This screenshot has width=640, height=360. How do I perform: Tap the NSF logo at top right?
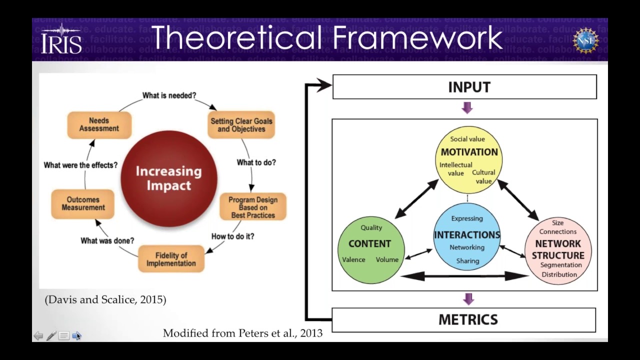point(585,40)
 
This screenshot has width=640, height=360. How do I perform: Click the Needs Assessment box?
point(99,124)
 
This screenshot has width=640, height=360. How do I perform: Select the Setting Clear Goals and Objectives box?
point(241,124)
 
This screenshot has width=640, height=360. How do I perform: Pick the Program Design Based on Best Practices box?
point(252,207)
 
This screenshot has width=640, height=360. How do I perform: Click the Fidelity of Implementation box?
point(171,259)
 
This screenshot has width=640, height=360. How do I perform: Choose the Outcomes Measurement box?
point(83,203)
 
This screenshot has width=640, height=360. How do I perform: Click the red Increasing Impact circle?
point(169,178)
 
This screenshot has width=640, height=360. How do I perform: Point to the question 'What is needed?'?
point(169,95)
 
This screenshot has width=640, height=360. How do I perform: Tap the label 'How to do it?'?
point(232,236)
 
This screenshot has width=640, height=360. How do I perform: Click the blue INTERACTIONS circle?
point(467,237)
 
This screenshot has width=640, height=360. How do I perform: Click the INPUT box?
point(464,87)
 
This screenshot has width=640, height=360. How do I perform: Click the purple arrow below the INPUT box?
point(467,107)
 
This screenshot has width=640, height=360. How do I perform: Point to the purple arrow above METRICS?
point(468,299)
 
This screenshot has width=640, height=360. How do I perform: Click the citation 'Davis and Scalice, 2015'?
point(105,299)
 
